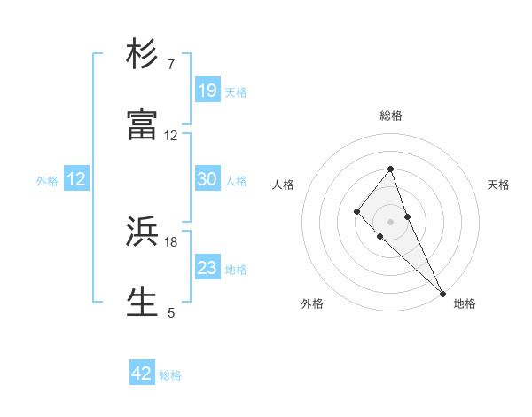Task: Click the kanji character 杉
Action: (x=143, y=55)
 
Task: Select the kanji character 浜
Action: (x=143, y=232)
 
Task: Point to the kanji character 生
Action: (x=143, y=301)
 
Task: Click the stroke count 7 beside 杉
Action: (x=171, y=65)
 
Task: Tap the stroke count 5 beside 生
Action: (x=171, y=311)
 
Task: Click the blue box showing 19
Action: (x=207, y=90)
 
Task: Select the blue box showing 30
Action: (x=207, y=179)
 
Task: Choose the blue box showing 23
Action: (x=207, y=268)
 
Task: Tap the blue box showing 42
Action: (x=142, y=374)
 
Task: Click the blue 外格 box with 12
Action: (x=76, y=179)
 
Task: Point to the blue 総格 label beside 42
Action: (x=170, y=375)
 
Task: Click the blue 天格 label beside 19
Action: (x=236, y=91)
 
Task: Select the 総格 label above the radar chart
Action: (x=391, y=115)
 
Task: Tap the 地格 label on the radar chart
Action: (x=465, y=303)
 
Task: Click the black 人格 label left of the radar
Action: (x=284, y=185)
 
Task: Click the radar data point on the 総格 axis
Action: (x=391, y=169)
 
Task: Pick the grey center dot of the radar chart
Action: (x=391, y=222)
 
